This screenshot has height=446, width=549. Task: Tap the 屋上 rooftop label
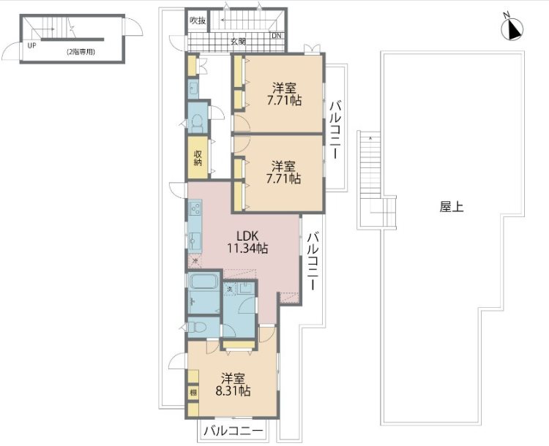[451, 207]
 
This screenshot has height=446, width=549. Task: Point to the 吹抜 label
[197, 20]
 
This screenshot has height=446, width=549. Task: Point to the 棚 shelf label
[193, 393]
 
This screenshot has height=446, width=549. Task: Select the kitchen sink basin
[195, 239]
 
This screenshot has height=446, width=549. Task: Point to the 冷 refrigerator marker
[195, 260]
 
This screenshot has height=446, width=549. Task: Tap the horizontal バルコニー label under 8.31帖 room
[233, 432]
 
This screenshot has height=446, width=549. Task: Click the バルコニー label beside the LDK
[313, 261]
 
